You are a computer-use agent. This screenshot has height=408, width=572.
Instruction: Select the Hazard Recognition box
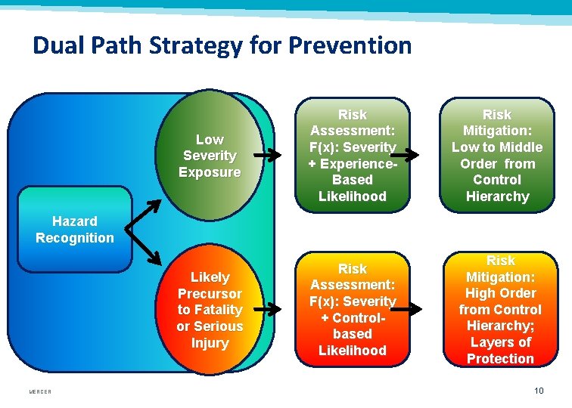(74, 230)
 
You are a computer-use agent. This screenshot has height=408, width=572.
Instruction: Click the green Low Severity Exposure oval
(210, 156)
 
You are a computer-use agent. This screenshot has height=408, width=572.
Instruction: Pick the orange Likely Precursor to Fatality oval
(210, 310)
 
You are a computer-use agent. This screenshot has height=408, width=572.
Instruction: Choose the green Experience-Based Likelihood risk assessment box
(353, 156)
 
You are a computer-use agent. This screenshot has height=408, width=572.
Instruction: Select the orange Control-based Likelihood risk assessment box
(353, 310)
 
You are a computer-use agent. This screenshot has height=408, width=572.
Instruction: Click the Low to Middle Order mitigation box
(497, 156)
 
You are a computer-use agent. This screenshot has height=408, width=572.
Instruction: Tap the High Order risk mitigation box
(500, 310)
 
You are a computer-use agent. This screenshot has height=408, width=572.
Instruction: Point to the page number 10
(538, 391)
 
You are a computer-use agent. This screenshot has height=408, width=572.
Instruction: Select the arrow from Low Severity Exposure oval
(267, 156)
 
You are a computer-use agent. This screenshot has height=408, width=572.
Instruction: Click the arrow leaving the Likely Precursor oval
(267, 308)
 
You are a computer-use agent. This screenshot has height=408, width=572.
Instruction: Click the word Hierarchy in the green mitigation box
(497, 196)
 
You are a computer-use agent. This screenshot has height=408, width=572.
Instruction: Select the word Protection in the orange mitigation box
(500, 359)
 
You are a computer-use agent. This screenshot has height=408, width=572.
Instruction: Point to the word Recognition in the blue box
(74, 238)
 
